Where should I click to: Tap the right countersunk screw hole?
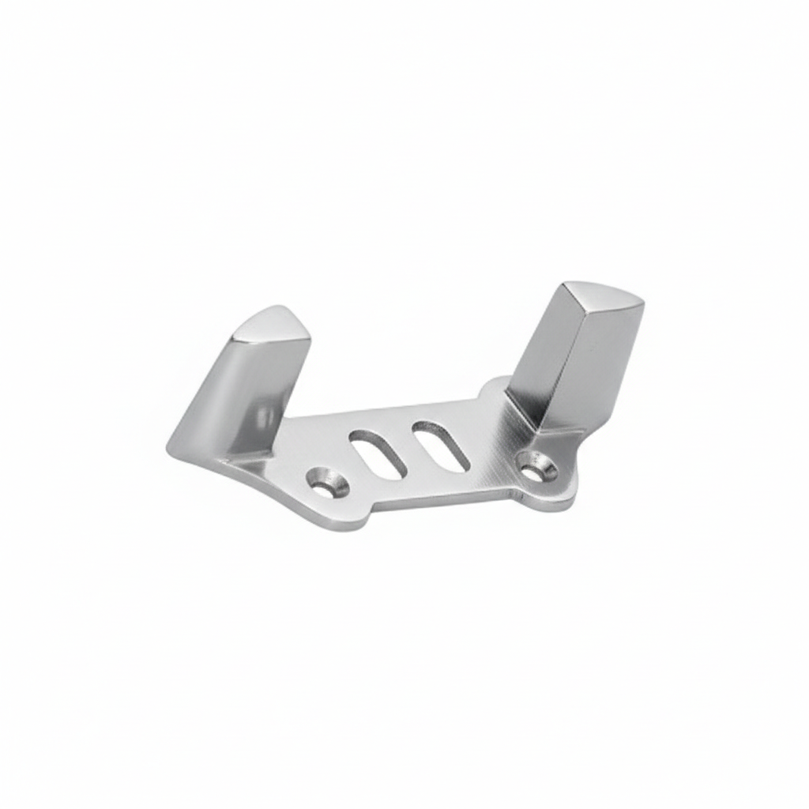[537, 466]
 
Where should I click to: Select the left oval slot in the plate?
[378, 453]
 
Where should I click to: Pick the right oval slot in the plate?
[441, 445]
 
